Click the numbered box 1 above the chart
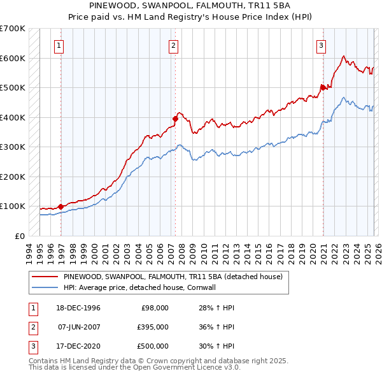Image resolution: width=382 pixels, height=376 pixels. click(x=59, y=45)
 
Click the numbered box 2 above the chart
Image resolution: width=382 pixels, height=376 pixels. click(x=173, y=45)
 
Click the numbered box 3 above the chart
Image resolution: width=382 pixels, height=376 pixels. click(x=321, y=45)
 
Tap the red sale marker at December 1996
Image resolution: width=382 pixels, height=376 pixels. click(x=60, y=206)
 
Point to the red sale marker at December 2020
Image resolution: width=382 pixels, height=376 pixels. click(x=323, y=87)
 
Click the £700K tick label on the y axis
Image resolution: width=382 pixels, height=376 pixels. click(x=13, y=29)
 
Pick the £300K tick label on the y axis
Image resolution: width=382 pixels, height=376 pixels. click(x=13, y=147)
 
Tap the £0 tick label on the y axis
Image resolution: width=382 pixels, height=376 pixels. click(x=19, y=236)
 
